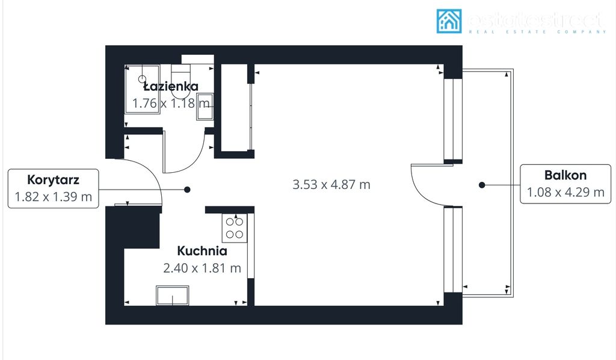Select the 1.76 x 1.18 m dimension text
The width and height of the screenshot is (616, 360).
171,103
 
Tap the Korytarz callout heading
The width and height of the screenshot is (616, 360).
54,179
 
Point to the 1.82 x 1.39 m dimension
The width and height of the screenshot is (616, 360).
54,196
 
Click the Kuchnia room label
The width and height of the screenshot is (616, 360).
202,251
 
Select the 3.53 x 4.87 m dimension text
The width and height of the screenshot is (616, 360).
331,185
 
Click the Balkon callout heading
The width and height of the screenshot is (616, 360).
565,175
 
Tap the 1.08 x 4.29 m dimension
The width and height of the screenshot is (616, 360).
565,193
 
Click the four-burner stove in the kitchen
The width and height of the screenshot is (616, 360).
235,228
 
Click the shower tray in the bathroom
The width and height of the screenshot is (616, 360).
142,88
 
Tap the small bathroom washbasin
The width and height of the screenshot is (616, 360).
205,107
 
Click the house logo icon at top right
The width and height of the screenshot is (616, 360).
449,21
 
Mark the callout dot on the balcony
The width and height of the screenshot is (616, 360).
481,185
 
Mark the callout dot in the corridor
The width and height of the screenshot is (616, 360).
187,190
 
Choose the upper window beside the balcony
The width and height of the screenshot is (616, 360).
453,119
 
